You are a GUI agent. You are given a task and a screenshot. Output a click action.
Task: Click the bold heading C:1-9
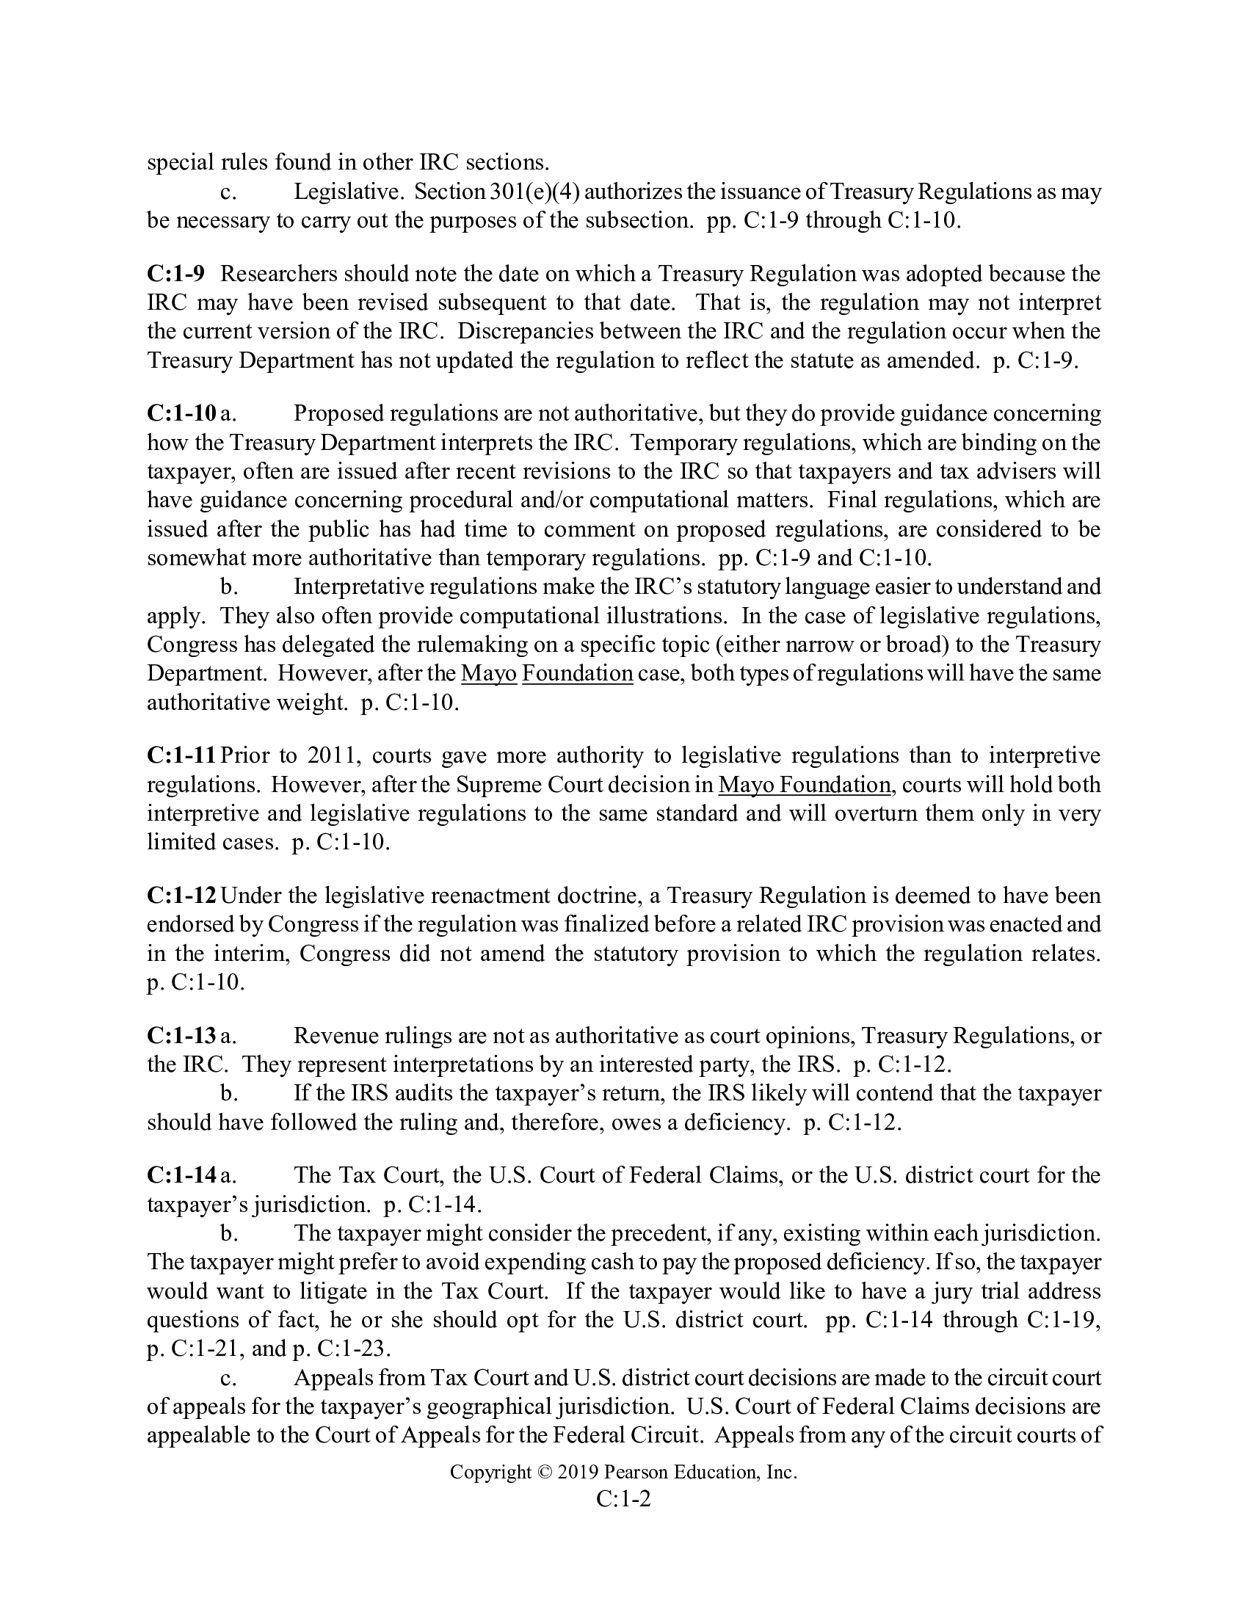pyautogui.click(x=175, y=275)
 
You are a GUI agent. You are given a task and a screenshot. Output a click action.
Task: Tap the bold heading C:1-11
pyautogui.click(x=181, y=755)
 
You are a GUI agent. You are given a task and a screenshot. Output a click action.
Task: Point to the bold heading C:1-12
pyautogui.click(x=182, y=896)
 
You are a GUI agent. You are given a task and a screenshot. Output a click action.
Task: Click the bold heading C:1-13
pyautogui.click(x=181, y=1036)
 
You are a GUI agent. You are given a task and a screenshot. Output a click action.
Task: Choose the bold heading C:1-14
pyautogui.click(x=181, y=1175)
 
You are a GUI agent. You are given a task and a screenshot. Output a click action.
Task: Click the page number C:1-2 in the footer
pyautogui.click(x=623, y=1498)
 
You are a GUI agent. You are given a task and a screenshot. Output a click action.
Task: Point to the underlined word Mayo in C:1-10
pyautogui.click(x=489, y=674)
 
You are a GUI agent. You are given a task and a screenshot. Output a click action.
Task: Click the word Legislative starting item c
pyautogui.click(x=347, y=192)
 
